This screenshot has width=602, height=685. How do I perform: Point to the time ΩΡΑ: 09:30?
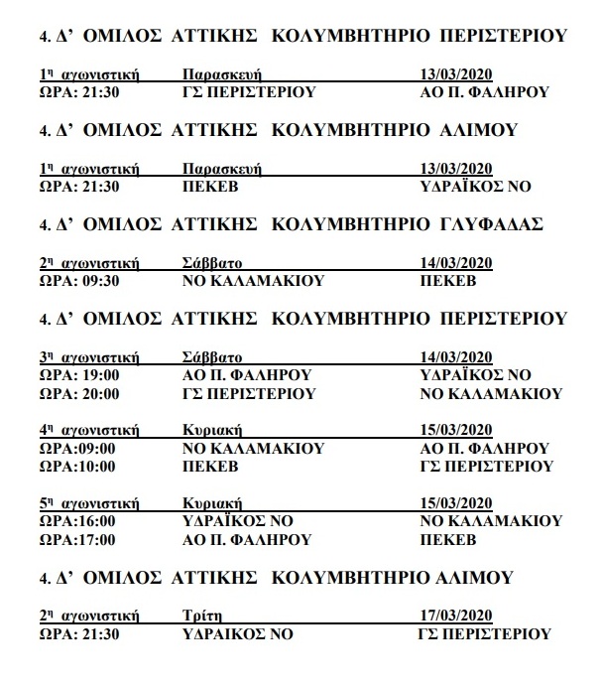(79, 281)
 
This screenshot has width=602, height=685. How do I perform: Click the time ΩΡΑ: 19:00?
(79, 375)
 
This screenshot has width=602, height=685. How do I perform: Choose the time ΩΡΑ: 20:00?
(79, 393)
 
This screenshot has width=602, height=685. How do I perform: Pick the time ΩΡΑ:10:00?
(77, 466)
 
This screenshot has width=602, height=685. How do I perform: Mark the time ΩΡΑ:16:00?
(77, 521)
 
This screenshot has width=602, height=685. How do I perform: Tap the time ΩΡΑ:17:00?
(77, 539)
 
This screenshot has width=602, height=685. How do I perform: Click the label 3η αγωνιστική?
(88, 357)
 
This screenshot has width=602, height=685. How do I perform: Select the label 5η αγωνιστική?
(88, 502)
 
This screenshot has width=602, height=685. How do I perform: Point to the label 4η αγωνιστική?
(88, 430)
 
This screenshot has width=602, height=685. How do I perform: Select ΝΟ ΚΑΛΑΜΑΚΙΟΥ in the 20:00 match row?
(491, 393)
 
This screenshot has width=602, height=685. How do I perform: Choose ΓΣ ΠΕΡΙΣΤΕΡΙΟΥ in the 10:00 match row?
(486, 466)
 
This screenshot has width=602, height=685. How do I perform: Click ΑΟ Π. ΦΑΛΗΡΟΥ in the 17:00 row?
(248, 539)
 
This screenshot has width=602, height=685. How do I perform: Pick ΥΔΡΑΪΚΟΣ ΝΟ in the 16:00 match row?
(239, 521)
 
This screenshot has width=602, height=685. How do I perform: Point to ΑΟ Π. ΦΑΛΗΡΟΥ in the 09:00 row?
(485, 448)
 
